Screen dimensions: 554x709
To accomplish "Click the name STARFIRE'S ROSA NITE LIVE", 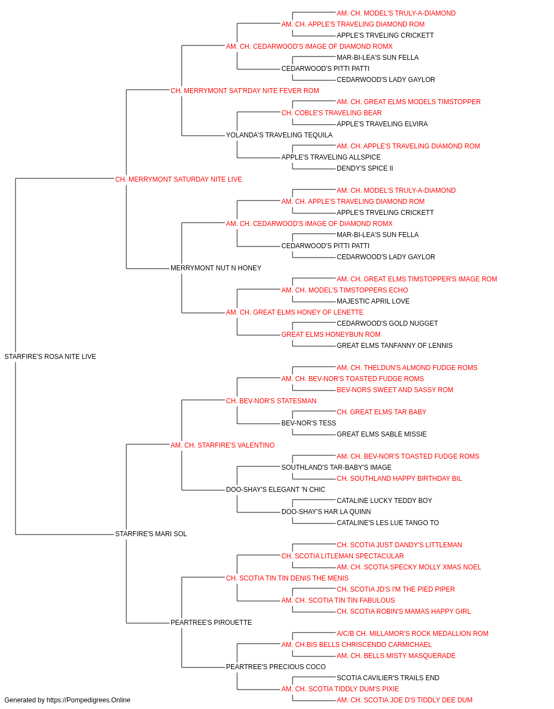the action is (x=50, y=357).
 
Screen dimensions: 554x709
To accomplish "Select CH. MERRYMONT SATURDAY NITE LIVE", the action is (x=178, y=179).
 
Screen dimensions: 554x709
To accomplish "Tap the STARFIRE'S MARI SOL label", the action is (x=151, y=534).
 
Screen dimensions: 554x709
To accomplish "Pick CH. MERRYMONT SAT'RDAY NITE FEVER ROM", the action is (x=245, y=91).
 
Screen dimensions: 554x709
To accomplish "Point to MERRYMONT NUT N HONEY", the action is (x=216, y=268).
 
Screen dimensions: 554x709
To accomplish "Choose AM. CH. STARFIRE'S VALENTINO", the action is (x=223, y=445).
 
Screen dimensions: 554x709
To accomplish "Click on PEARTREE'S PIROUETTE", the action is (x=211, y=623).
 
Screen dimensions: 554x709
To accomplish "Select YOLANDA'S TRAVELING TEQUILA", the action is (x=279, y=135).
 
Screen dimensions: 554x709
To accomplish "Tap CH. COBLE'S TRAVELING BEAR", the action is (x=331, y=113).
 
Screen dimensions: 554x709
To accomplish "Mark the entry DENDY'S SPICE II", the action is (x=365, y=168).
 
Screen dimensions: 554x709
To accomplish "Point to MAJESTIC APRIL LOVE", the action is (x=373, y=301).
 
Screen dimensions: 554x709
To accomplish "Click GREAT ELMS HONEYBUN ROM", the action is (x=331, y=335).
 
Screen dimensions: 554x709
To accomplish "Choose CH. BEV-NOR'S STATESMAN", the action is (x=271, y=401).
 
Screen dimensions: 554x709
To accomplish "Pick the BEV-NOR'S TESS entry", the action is (x=309, y=423).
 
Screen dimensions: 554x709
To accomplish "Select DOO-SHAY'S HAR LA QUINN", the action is (x=326, y=512).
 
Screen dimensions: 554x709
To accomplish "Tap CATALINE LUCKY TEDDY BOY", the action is (x=384, y=501).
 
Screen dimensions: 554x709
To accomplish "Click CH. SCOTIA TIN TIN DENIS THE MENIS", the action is (x=287, y=578).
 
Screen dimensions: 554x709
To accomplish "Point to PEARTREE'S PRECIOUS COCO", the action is (x=276, y=667).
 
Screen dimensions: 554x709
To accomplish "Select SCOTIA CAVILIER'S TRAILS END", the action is (x=388, y=678).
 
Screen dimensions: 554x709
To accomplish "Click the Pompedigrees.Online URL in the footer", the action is (x=89, y=700).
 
